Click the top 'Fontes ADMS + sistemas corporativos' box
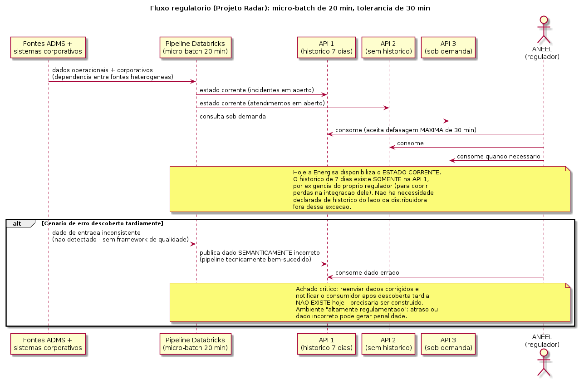click(48, 47)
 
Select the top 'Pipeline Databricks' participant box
click(196, 47)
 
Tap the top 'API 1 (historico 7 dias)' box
click(326, 47)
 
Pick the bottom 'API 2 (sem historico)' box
click(388, 344)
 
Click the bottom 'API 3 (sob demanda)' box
click(448, 344)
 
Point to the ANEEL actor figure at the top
click(544, 30)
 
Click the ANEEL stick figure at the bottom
click(544, 362)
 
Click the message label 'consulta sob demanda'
click(233, 116)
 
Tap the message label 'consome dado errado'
click(367, 273)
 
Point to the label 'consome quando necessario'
click(498, 157)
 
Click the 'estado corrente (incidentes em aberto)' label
click(257, 90)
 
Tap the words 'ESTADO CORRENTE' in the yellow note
click(411, 173)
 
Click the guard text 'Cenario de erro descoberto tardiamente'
click(103, 223)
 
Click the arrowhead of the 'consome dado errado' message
click(330, 277)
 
